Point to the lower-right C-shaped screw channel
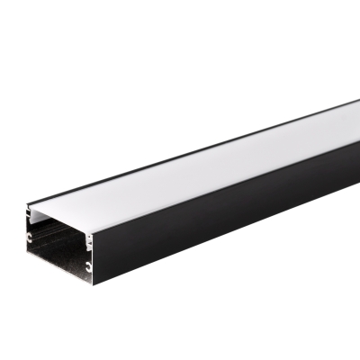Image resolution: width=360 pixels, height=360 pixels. coord(89,266)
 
